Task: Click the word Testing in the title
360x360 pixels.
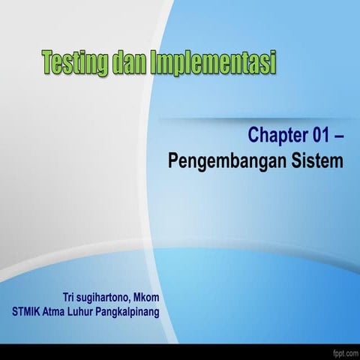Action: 73,63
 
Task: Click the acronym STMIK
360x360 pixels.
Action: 27,311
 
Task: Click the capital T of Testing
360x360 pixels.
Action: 47,61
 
